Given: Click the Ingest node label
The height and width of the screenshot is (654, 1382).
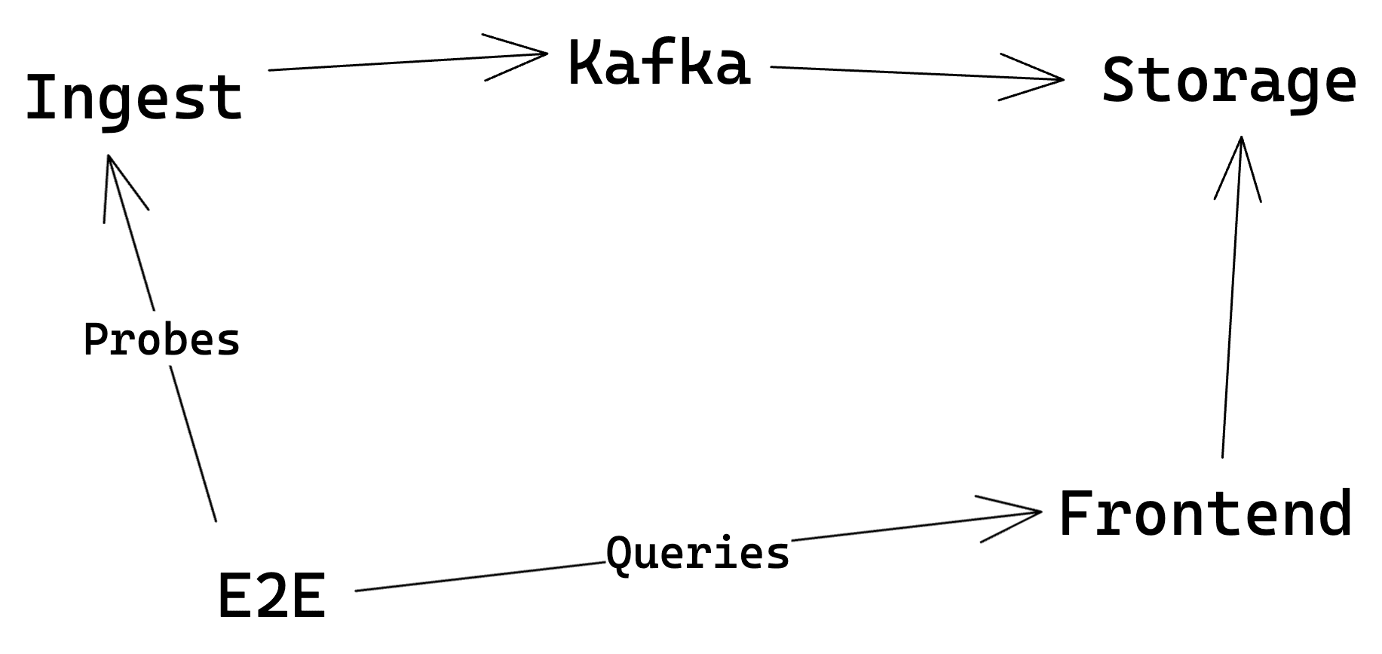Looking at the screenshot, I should coord(134,98).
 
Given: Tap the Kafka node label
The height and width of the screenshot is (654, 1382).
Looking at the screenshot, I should coord(659,64).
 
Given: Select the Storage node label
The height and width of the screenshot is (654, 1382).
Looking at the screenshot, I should coord(1228,81).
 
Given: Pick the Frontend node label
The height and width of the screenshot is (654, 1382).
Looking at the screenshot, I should coord(1205,514).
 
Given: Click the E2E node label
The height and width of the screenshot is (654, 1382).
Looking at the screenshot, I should coord(271,596).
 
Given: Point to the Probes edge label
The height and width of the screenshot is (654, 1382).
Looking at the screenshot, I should coord(161,340).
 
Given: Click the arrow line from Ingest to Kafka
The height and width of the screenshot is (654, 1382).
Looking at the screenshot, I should coord(377,63).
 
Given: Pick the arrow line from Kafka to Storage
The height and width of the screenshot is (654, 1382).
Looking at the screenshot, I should coord(890,72).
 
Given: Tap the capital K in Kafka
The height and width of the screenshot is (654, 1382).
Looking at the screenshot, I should coord(584,64).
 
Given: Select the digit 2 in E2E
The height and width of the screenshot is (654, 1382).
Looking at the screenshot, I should coord(271,596).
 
